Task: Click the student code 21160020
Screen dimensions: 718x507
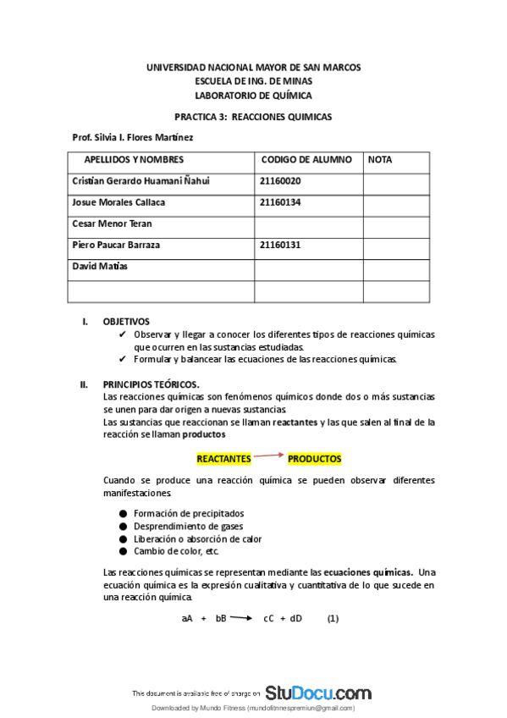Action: (x=281, y=181)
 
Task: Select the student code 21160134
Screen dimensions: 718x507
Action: (x=281, y=202)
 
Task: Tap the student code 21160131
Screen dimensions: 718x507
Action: (x=281, y=245)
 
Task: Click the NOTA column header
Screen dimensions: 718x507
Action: (x=380, y=159)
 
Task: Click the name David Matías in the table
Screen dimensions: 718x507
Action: (x=100, y=266)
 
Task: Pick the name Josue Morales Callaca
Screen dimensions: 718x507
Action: (x=118, y=202)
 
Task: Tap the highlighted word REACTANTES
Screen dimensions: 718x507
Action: (x=223, y=459)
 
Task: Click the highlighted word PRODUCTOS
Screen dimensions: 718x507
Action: (x=314, y=459)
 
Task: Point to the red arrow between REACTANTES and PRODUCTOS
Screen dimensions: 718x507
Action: (x=269, y=456)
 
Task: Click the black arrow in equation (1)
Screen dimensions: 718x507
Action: (x=241, y=618)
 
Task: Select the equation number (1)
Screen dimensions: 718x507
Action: (x=333, y=618)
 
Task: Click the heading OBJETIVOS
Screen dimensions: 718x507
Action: (x=126, y=322)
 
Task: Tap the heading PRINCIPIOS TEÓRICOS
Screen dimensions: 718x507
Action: (x=151, y=384)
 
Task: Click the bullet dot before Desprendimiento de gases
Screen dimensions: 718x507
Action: (x=124, y=526)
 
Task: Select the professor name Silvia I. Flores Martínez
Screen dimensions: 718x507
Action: (x=145, y=137)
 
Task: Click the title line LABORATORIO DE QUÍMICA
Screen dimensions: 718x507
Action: (x=253, y=96)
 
